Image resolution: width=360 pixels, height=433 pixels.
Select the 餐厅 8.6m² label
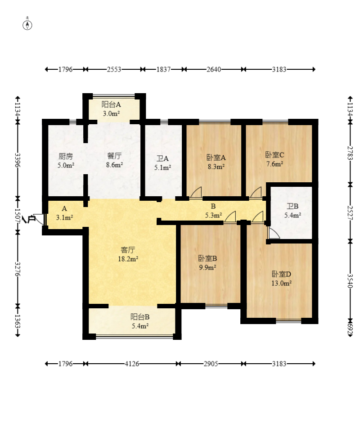coord(114,160)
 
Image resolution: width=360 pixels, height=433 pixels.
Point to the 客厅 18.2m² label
coord(128,254)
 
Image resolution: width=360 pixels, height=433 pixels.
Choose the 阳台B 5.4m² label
coord(140,321)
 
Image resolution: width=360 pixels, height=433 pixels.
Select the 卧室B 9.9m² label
coord(207,262)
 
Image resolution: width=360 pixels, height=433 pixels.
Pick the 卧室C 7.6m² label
coord(274,159)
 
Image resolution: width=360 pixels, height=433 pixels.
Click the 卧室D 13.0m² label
coord(282,278)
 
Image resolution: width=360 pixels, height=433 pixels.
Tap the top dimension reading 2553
coord(114,69)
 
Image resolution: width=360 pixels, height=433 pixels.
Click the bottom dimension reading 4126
coord(132,364)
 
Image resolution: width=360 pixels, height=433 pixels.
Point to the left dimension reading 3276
coord(18,269)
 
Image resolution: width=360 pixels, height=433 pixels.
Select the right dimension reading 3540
coord(350,281)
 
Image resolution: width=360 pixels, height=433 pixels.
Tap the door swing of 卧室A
coord(196,193)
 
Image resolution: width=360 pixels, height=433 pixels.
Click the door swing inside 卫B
coord(274,234)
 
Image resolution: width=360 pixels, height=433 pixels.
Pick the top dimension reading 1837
coord(163,69)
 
